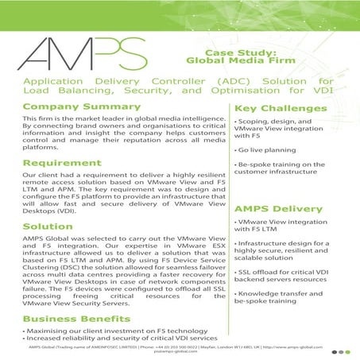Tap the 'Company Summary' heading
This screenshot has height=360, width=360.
click(x=76, y=106)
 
